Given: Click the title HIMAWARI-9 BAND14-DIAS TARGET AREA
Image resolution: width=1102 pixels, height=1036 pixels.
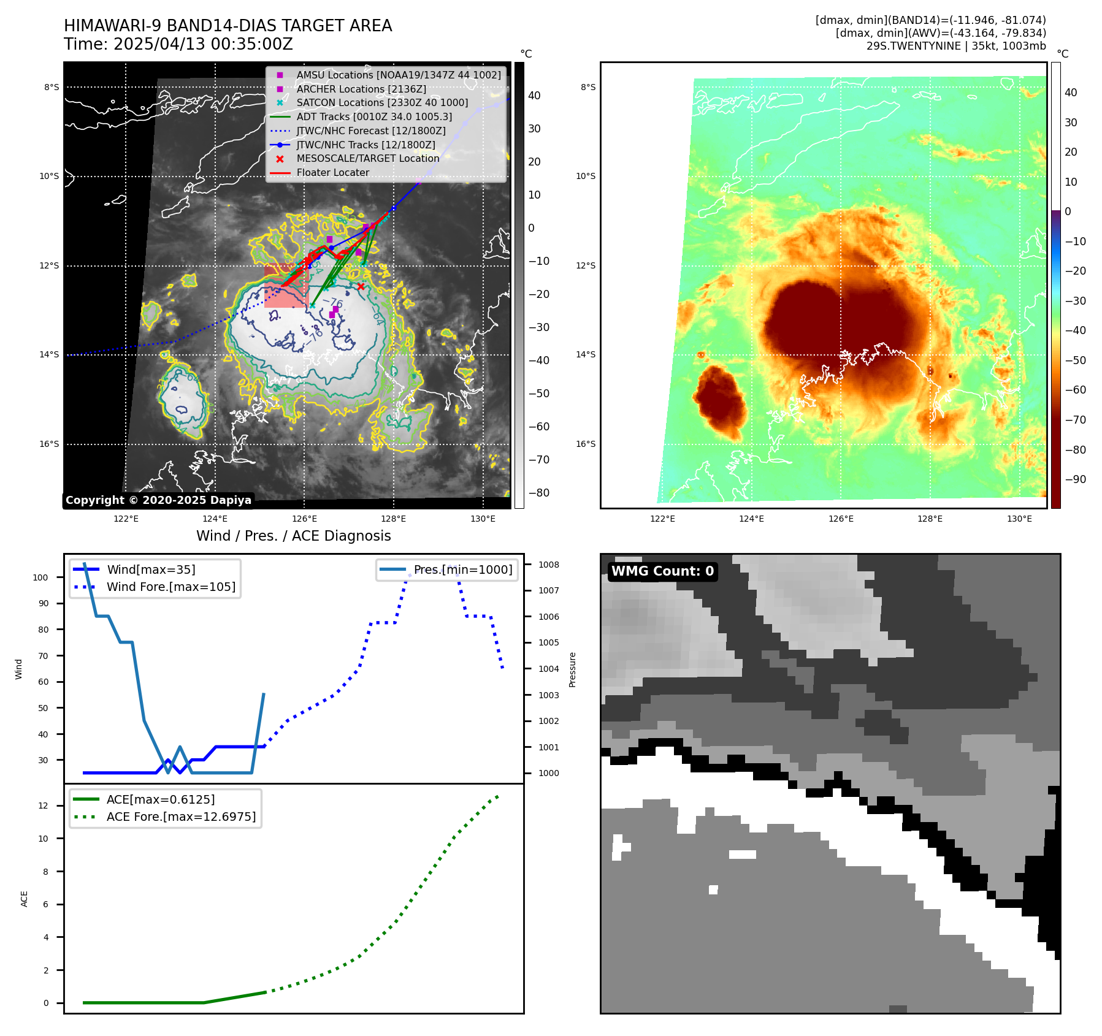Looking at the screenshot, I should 228,26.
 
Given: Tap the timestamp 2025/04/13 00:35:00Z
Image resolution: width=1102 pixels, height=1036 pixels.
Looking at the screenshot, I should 203,45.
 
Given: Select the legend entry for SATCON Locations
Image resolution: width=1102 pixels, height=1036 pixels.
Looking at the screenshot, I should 381,103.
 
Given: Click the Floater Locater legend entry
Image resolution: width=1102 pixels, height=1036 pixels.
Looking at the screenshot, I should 332,173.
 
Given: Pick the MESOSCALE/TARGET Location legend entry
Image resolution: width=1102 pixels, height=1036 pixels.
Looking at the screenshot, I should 367,159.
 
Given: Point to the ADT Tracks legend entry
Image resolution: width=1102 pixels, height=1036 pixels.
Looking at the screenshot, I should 374,117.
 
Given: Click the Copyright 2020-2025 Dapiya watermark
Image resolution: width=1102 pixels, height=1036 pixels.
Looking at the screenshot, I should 158,500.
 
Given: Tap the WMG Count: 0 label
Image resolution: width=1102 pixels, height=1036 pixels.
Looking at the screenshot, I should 662,571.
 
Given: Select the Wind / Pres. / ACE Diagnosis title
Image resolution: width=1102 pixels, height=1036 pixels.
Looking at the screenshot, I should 293,536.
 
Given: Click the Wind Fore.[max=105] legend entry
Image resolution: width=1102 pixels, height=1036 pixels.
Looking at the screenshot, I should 170,587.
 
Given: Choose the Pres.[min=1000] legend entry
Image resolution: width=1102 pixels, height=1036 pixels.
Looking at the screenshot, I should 462,569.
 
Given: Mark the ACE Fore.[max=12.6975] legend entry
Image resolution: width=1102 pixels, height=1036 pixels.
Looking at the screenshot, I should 181,817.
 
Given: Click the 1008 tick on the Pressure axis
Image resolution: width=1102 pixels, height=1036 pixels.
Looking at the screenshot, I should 549,565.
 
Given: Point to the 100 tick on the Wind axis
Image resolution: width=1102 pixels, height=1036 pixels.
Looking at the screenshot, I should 40,577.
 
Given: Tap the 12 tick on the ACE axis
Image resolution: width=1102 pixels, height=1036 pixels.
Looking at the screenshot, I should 43,806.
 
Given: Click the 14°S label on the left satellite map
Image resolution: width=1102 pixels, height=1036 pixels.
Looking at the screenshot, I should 50,355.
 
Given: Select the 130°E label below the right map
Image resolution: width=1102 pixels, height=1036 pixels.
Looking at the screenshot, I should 1019,519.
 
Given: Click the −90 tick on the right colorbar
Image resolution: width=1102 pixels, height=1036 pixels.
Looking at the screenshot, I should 1075,479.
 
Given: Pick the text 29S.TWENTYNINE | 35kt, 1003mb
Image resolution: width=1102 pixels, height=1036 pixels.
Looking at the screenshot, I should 956,46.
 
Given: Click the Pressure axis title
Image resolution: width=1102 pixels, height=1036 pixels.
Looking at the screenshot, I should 572,669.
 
